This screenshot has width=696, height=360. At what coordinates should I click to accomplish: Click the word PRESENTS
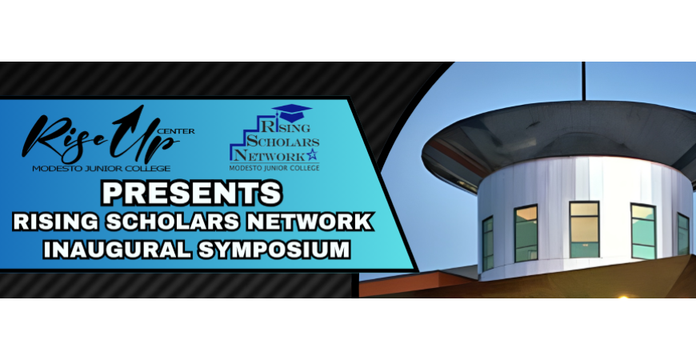[x=192, y=192]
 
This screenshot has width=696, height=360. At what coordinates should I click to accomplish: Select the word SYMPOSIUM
[x=274, y=250]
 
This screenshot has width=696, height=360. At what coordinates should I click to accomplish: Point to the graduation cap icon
[x=292, y=113]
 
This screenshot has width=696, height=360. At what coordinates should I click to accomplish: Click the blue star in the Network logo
[x=312, y=154]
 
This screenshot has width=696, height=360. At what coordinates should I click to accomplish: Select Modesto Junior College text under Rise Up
[x=102, y=169]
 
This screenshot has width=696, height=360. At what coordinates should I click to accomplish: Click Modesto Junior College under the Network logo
[x=274, y=168]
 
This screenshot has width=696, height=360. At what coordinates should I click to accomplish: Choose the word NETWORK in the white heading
[x=310, y=222]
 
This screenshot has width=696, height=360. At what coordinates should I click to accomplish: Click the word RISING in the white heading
[x=56, y=222]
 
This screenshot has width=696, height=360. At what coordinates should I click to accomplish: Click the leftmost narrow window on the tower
[x=488, y=243]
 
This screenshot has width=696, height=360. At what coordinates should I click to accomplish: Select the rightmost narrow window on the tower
[x=683, y=234]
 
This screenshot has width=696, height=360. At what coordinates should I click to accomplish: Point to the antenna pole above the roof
[x=584, y=82]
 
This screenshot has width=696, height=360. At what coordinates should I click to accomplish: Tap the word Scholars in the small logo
[x=282, y=142]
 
